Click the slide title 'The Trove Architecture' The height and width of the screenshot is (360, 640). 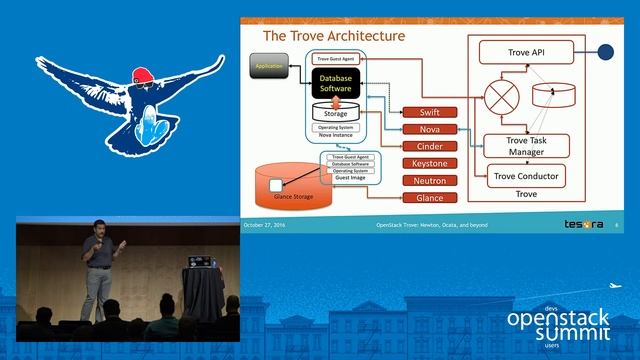pos(333,36)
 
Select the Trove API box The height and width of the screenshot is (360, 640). pos(523,51)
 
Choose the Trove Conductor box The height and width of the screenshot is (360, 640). pos(526,177)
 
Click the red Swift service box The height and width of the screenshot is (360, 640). pos(423,113)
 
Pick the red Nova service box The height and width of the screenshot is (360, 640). pos(423,130)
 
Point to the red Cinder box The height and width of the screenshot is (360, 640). pos(423,147)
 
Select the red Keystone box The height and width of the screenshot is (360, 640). pos(423,164)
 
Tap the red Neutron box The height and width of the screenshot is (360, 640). pos(423,181)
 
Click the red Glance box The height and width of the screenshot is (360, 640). pos(423,198)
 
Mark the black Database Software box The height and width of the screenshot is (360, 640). pos(336,82)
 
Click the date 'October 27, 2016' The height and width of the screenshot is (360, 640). pos(265,225)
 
